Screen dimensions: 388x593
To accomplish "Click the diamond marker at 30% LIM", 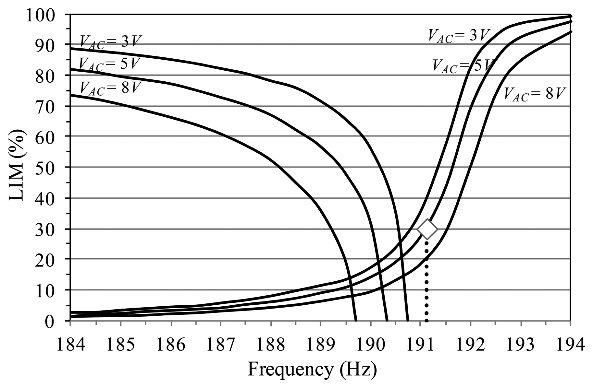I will [427, 229].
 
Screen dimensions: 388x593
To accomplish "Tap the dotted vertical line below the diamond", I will [426, 282].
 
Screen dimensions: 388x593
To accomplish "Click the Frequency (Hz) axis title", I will [312, 370].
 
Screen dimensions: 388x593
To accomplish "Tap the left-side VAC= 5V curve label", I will [110, 64].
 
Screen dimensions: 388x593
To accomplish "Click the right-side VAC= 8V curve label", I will [535, 94].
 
